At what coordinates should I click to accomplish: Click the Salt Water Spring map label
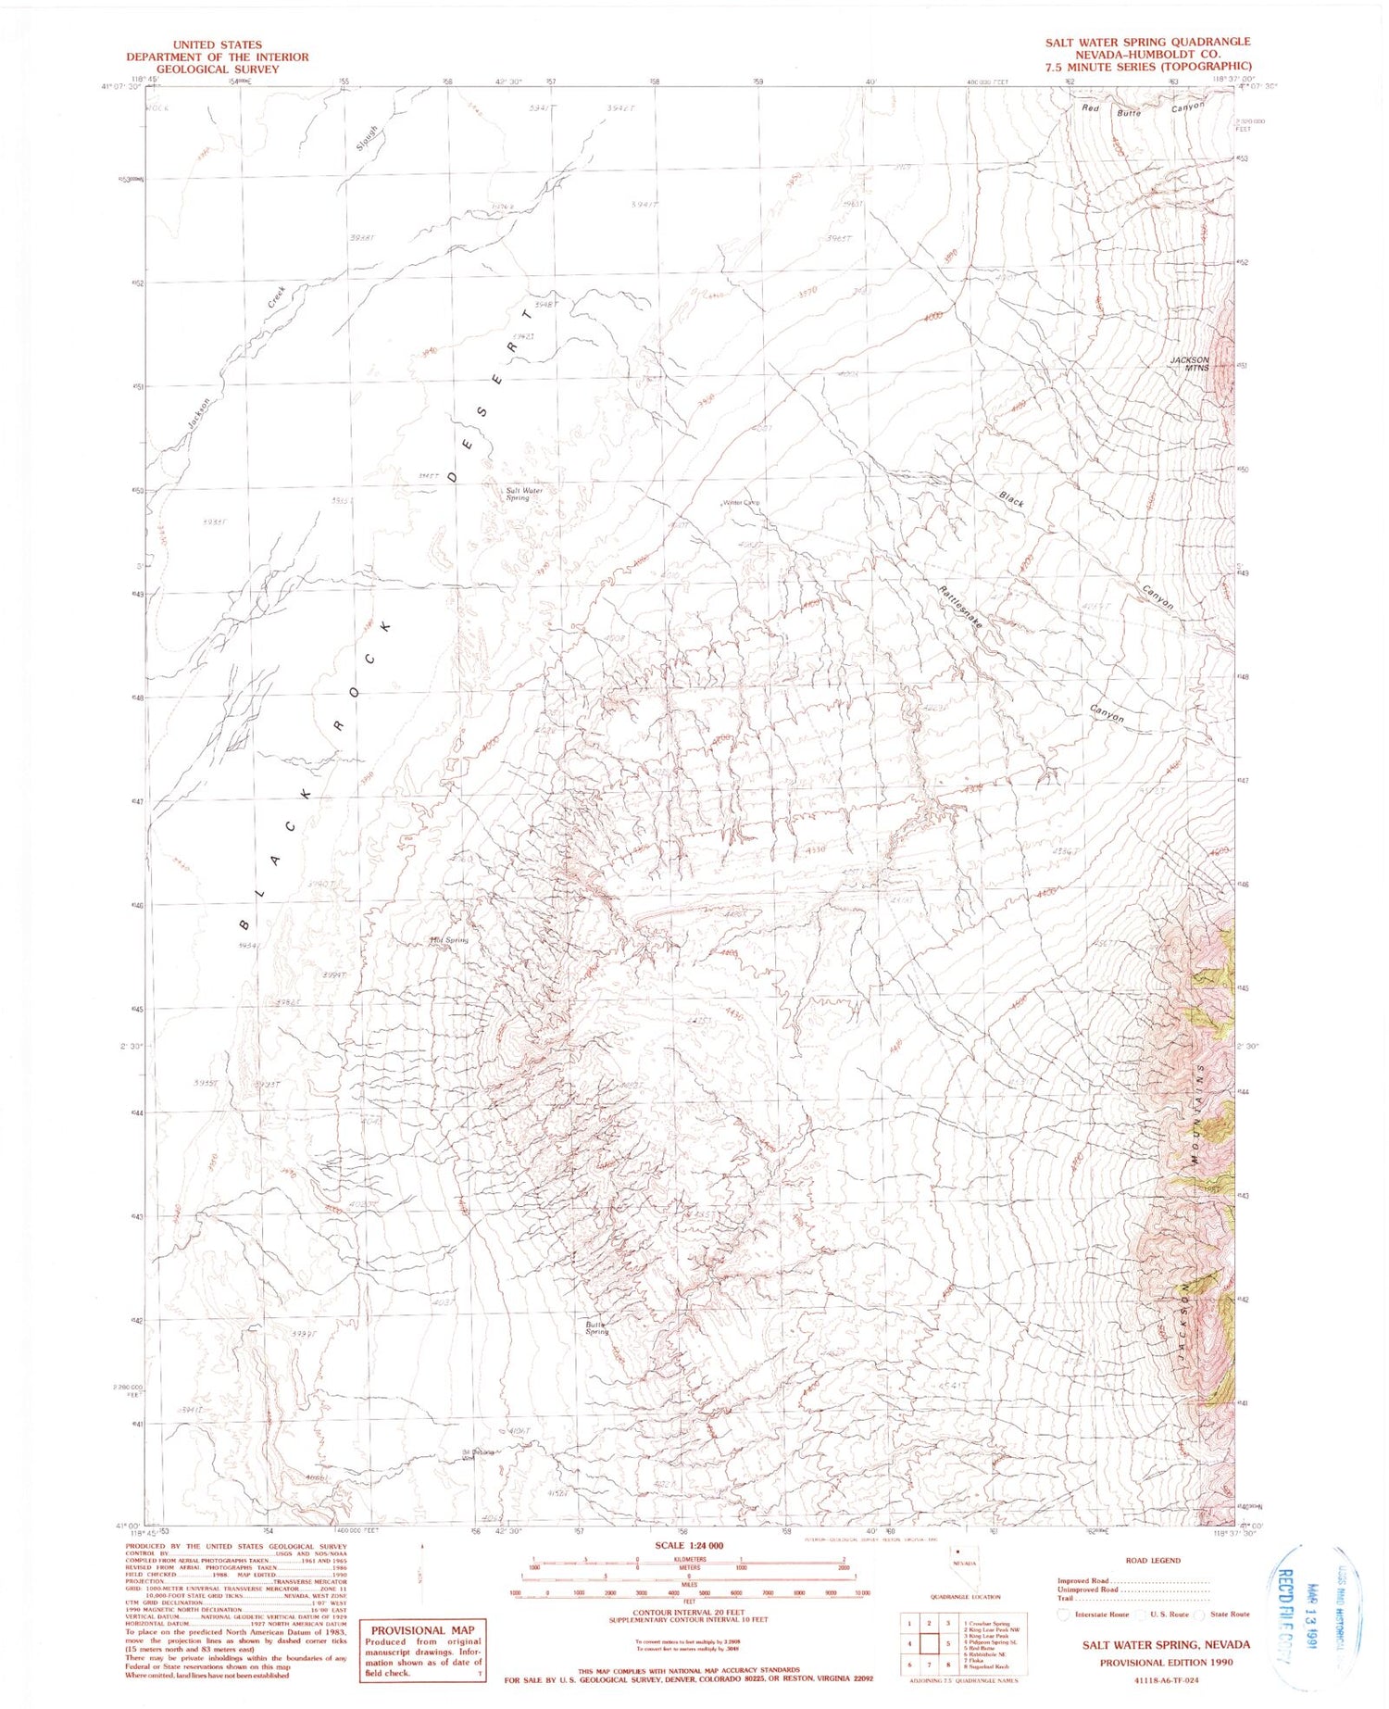(523, 494)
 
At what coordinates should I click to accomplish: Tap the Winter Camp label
(741, 503)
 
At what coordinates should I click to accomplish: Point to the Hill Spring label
(450, 939)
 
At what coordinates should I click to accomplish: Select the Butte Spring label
(596, 1328)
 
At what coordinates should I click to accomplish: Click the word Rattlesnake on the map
(958, 609)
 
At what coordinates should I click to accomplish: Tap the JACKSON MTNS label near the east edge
(1189, 363)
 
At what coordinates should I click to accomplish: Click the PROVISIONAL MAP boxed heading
(422, 1630)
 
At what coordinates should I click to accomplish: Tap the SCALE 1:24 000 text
(689, 1545)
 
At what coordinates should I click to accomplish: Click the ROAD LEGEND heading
(1152, 1561)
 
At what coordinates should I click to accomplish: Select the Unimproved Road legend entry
(1087, 1590)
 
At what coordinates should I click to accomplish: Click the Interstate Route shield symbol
(1064, 1614)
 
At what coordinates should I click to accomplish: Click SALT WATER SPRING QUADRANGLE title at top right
(1147, 42)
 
